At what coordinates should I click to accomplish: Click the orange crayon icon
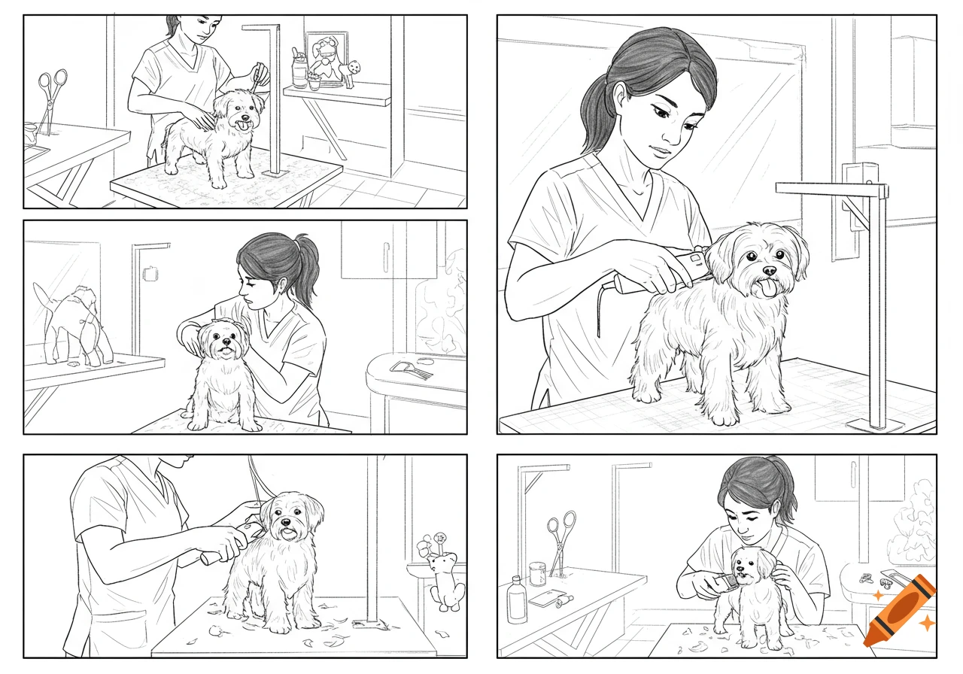pos(899,610)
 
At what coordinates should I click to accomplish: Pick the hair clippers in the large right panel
pos(662,275)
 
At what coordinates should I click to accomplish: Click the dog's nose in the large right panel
pos(769,269)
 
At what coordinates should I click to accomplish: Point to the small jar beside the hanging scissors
pos(537,574)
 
